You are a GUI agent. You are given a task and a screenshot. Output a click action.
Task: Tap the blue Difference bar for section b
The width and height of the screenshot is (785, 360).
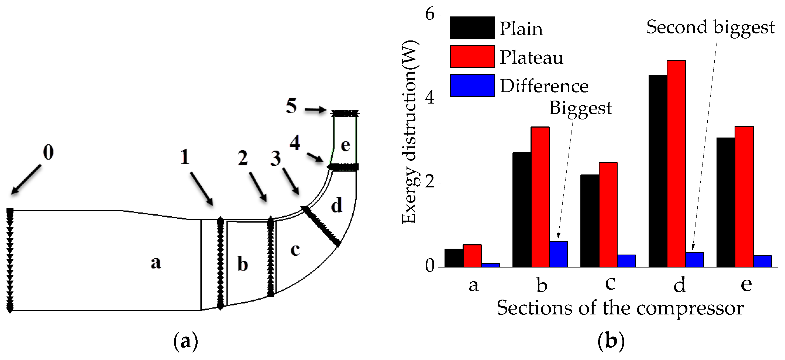point(558,254)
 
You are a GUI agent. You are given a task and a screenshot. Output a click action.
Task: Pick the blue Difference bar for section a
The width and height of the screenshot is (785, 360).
point(490,265)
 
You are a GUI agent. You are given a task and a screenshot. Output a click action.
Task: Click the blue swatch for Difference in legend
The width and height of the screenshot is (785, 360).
point(472,85)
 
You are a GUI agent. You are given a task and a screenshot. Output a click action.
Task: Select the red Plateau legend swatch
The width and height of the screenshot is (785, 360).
point(472,57)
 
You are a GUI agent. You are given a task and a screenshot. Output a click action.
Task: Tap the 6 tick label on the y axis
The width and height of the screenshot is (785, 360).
point(430,14)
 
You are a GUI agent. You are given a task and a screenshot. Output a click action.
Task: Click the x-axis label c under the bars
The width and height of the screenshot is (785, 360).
point(610,283)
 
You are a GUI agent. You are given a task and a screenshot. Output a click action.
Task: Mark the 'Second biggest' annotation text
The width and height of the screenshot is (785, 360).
point(710,28)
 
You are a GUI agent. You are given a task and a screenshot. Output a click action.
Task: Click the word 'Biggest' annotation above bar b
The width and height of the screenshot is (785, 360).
point(580,108)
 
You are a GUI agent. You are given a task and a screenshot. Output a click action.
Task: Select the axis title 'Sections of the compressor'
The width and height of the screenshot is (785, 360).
point(620,308)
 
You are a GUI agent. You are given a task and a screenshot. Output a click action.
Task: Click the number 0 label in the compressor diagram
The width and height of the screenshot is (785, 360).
point(48,152)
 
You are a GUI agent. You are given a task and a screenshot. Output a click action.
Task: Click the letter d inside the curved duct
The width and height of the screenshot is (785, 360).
point(336,205)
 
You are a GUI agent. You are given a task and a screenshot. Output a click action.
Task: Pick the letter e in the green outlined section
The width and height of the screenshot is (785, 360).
point(345,145)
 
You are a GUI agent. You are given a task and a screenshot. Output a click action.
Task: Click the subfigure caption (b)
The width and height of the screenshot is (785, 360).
point(611,341)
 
